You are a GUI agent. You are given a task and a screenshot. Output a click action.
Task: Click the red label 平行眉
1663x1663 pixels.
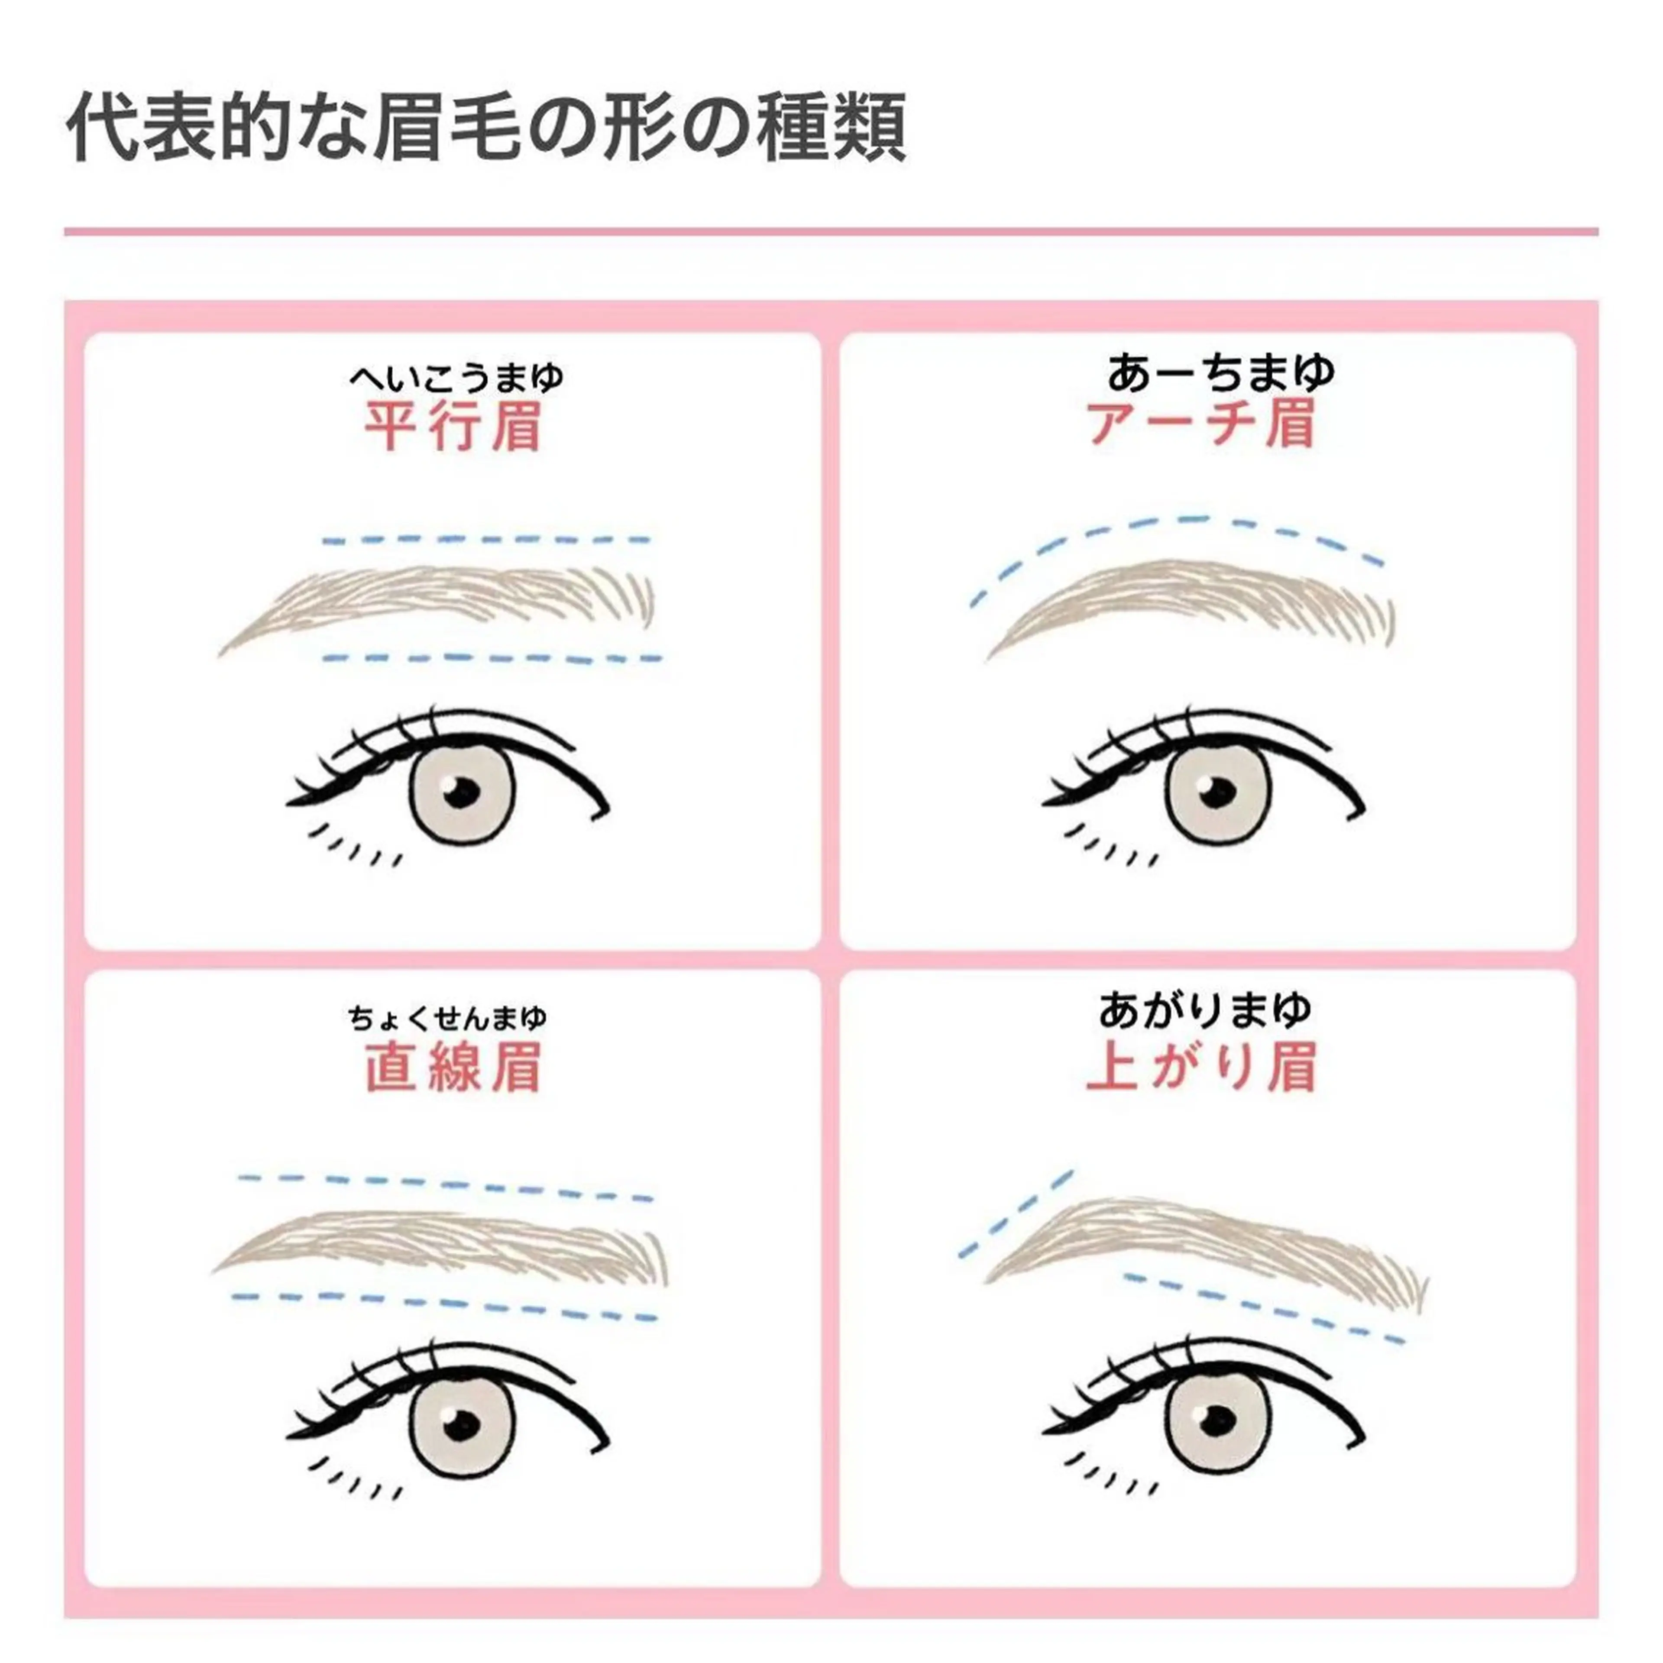click(x=453, y=426)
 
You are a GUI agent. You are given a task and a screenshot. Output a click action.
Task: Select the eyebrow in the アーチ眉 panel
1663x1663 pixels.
click(x=1197, y=594)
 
